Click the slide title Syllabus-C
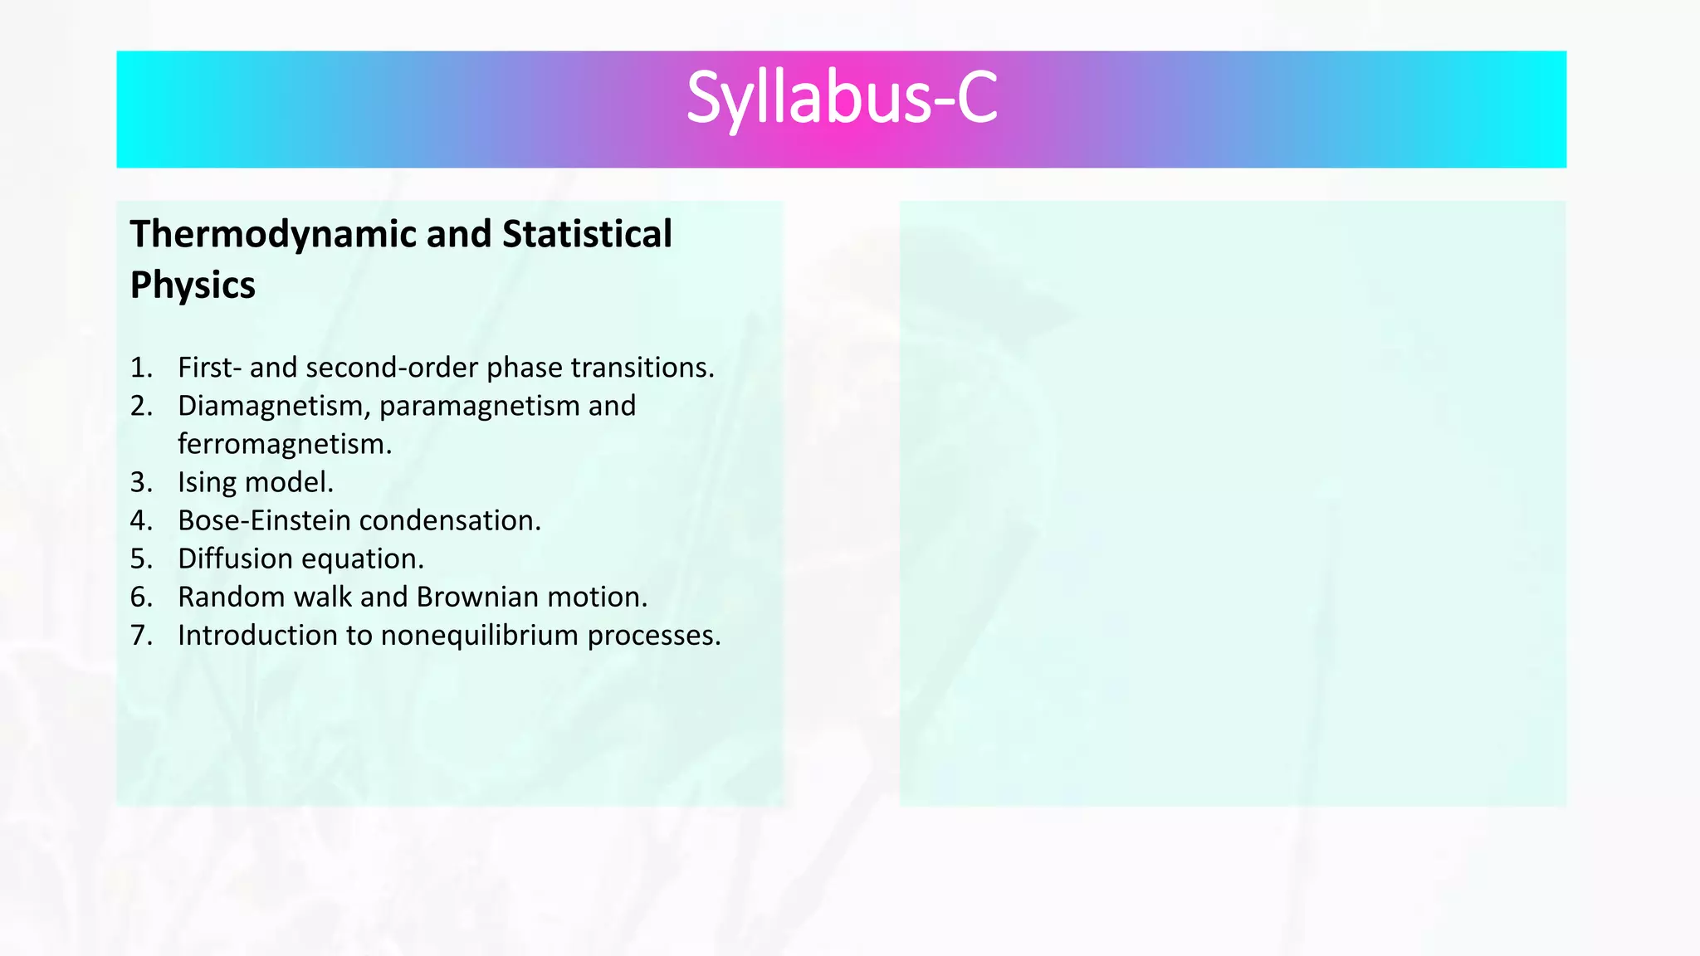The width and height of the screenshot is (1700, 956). (x=841, y=100)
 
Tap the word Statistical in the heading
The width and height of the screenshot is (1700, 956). (x=587, y=235)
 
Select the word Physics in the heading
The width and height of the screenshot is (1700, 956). (x=193, y=286)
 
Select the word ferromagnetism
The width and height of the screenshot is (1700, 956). (x=284, y=445)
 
